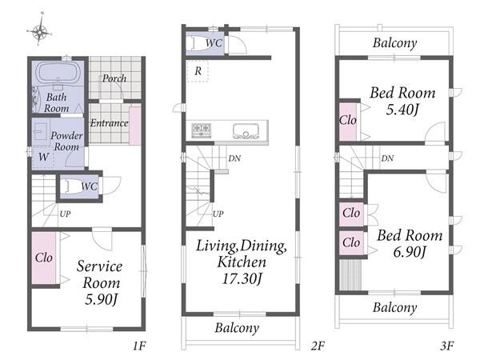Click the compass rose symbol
click(x=40, y=30)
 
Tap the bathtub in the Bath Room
click(x=58, y=73)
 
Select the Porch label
click(x=114, y=78)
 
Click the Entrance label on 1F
click(x=110, y=123)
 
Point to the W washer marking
click(x=43, y=157)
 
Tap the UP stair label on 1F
click(x=65, y=214)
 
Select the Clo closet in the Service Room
click(x=44, y=258)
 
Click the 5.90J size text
click(x=102, y=299)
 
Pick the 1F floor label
click(x=139, y=346)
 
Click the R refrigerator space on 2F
click(x=198, y=71)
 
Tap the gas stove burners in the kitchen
click(x=202, y=130)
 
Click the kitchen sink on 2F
click(x=246, y=130)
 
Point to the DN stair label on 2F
click(x=234, y=158)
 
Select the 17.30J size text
click(x=242, y=279)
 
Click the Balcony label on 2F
click(x=237, y=328)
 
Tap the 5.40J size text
click(x=402, y=110)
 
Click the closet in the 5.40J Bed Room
click(x=348, y=122)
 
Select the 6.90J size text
click(x=410, y=252)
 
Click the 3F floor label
click(x=447, y=346)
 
